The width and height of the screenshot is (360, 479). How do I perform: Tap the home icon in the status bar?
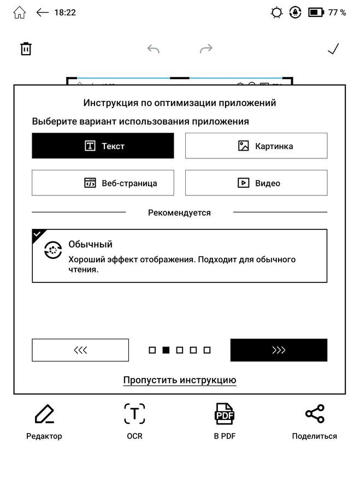pos(19,12)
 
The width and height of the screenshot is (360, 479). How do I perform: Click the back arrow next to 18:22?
pos(43,12)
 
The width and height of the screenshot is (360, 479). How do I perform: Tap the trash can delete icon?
pos(26,49)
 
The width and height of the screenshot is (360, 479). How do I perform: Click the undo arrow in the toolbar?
pos(154,49)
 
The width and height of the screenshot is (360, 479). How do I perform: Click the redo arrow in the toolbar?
pos(206,49)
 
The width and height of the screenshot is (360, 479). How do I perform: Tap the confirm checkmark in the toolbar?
pos(333,49)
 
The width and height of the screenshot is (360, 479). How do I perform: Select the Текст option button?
pos(103,146)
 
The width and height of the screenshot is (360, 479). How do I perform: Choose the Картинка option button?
pos(256,146)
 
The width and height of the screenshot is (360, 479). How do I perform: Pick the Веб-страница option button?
pos(103,183)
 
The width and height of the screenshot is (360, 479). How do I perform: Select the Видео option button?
pos(256,183)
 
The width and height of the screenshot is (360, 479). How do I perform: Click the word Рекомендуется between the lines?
pos(179,212)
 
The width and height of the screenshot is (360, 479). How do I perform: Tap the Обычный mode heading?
pos(90,244)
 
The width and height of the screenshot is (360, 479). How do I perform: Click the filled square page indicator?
pos(166,350)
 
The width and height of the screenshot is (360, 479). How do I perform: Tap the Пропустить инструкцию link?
pos(179,380)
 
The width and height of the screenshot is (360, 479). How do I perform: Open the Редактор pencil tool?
pos(44,415)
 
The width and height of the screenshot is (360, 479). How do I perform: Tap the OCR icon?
pos(134,415)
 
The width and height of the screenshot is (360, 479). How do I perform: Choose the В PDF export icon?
pos(224,415)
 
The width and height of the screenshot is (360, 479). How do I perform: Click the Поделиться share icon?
pos(315,415)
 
